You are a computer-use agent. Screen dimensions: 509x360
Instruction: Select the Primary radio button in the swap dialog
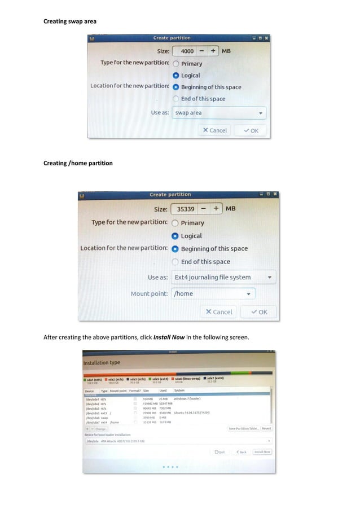coord(177,64)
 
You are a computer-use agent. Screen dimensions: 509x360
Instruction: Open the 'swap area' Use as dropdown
coord(219,113)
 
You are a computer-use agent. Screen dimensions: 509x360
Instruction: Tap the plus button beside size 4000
coord(213,51)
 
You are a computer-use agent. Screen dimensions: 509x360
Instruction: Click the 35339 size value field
coord(186,209)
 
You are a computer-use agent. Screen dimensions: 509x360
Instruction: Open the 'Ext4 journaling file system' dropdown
coord(223,277)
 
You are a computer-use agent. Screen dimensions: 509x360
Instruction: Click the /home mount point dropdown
coord(213,293)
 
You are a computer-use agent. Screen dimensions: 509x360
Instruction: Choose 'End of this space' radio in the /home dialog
coord(176,262)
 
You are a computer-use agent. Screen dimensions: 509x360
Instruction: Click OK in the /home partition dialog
coord(258,311)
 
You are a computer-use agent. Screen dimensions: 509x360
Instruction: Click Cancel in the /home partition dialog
coord(218,311)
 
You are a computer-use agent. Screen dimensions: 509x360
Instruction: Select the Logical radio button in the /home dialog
coord(176,236)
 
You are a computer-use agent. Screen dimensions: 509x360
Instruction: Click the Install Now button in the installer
coord(262,452)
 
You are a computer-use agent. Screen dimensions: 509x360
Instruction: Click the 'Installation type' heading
coord(102,363)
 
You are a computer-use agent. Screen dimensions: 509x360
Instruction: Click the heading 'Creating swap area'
coord(71,21)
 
